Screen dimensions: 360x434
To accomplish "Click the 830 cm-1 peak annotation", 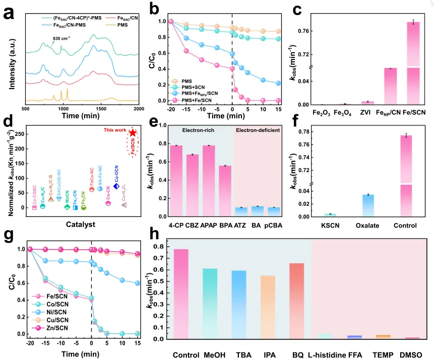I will (x=64, y=37).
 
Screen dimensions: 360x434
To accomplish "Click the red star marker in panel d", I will (x=133, y=133).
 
